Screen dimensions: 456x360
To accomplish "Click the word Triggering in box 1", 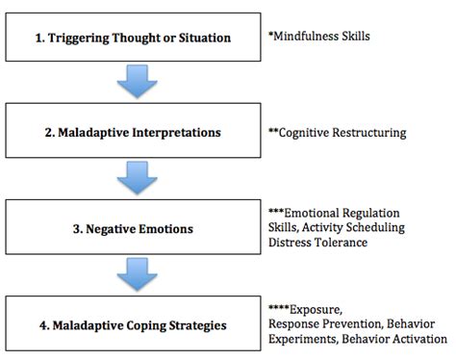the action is click(x=78, y=39).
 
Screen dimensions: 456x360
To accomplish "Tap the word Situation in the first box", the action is click(x=205, y=38).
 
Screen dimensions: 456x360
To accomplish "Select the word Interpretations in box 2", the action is click(x=176, y=133).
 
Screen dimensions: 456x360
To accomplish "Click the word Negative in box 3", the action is click(x=111, y=229).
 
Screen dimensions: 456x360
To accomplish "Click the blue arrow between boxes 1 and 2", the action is click(x=138, y=81).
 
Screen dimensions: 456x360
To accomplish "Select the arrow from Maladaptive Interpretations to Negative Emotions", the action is click(x=138, y=178).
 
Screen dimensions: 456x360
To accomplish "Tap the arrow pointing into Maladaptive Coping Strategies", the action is click(x=138, y=274).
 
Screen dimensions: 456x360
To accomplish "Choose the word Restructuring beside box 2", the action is click(x=369, y=133).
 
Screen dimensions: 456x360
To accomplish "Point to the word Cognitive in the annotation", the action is click(x=304, y=133).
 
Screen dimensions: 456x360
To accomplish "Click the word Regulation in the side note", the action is click(x=370, y=213).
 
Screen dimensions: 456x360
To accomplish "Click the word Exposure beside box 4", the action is click(x=316, y=310).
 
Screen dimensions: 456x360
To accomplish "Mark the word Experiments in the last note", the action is click(x=303, y=339).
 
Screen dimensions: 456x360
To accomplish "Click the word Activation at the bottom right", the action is click(x=419, y=339).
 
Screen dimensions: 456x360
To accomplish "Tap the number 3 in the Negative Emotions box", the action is click(x=76, y=229).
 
